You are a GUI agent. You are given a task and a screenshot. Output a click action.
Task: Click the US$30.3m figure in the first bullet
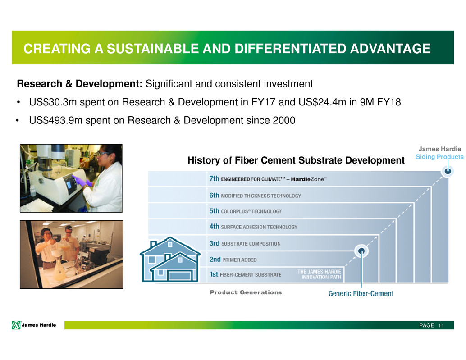tap(53, 102)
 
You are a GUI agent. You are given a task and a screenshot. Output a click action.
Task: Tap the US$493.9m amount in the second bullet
tap(55, 120)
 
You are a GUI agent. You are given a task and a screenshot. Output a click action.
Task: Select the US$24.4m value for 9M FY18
tap(322, 102)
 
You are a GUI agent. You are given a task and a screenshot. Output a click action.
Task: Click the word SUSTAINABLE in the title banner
tap(153, 49)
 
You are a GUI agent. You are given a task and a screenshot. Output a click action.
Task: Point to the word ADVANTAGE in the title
tap(390, 49)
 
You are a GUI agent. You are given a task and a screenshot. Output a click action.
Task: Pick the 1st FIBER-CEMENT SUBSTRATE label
tap(245, 274)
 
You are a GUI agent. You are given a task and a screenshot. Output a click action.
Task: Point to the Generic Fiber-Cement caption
tap(361, 293)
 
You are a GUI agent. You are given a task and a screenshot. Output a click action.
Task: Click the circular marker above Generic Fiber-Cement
tap(361, 251)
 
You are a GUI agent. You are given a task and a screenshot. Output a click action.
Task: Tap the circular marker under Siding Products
tap(448, 171)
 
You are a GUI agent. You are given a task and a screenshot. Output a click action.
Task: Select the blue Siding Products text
tap(439, 157)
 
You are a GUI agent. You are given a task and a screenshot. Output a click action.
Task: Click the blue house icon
tap(170, 260)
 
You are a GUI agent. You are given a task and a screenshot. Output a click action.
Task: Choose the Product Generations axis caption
tap(246, 292)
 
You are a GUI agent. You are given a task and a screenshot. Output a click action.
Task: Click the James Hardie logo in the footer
tap(34, 325)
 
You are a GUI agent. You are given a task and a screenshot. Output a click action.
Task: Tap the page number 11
tap(441, 325)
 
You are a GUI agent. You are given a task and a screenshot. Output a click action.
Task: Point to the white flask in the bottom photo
tap(60, 269)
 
